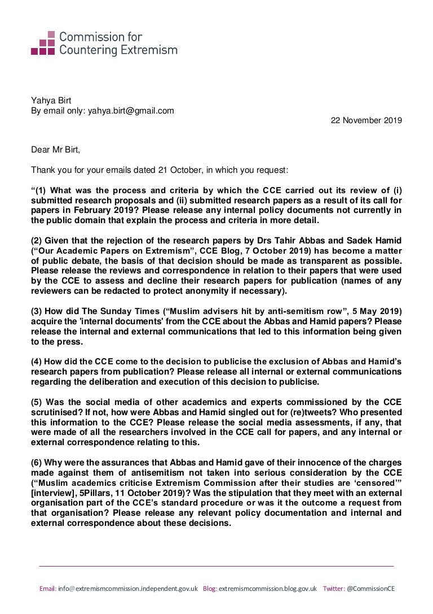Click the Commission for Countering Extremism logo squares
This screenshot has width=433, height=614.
point(42,42)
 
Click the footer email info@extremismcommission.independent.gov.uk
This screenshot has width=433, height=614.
point(127,588)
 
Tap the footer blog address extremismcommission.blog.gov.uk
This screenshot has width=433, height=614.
point(267,588)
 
